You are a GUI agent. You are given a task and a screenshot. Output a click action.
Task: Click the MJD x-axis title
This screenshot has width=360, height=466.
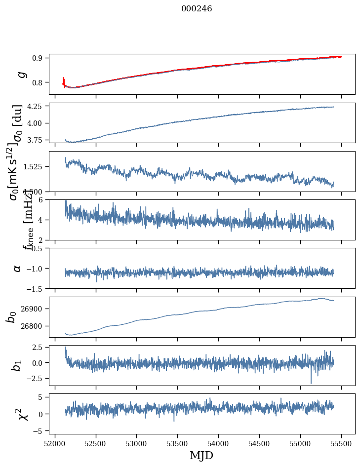click(x=201, y=455)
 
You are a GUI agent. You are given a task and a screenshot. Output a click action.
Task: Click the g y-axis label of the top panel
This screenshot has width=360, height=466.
click(x=21, y=74)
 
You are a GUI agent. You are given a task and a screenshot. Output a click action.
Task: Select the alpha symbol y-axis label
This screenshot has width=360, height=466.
click(x=18, y=268)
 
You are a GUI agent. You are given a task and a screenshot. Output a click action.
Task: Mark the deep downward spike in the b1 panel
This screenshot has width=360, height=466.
click(x=311, y=382)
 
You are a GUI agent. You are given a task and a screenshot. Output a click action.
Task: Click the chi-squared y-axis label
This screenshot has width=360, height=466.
click(x=21, y=414)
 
